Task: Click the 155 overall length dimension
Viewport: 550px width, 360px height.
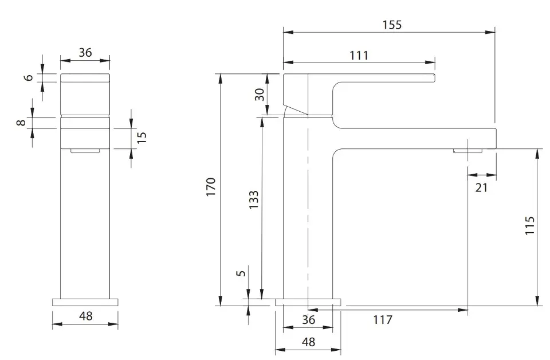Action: pyautogui.click(x=392, y=25)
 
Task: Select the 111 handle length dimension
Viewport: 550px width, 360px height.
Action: pyautogui.click(x=359, y=56)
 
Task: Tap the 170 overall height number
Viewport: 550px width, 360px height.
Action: pyautogui.click(x=210, y=187)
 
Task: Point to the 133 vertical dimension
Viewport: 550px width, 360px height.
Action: pyautogui.click(x=254, y=199)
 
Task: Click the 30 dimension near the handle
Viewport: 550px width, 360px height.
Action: pyautogui.click(x=259, y=95)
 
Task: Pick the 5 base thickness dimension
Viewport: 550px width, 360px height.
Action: pyautogui.click(x=241, y=272)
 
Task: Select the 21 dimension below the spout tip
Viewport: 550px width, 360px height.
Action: pyautogui.click(x=481, y=187)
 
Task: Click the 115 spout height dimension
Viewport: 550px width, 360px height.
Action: pyautogui.click(x=529, y=226)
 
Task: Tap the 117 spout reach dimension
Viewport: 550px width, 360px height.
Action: pyautogui.click(x=382, y=320)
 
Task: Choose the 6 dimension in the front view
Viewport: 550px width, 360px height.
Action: pyautogui.click(x=29, y=77)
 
